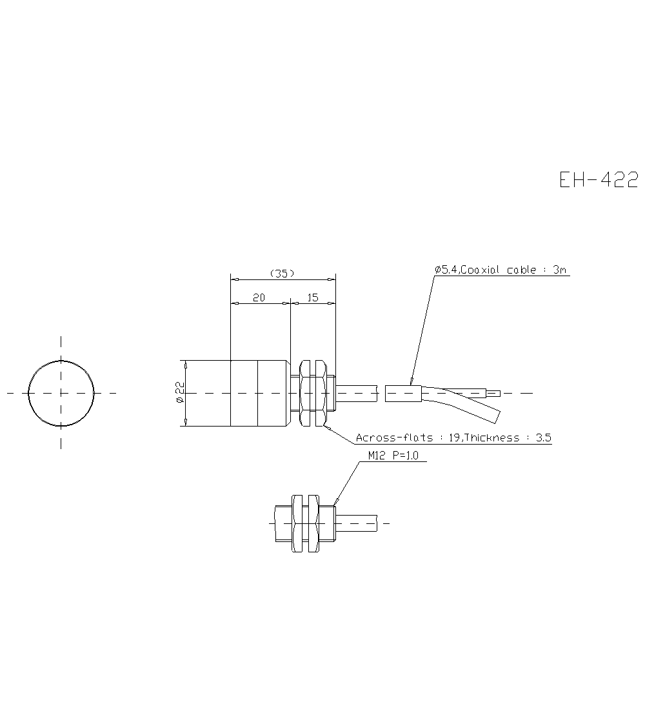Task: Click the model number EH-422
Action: point(599,179)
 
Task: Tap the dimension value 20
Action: point(259,297)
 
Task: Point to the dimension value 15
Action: point(313,297)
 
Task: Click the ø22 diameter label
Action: point(180,392)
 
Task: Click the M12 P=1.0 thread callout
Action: point(393,456)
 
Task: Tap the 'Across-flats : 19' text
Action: point(406,437)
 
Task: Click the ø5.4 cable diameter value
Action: point(446,270)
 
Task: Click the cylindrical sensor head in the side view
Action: point(258,393)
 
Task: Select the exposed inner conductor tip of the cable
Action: point(495,393)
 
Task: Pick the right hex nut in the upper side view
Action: point(318,393)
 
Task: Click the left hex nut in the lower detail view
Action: point(297,523)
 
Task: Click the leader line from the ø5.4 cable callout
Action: point(422,329)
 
